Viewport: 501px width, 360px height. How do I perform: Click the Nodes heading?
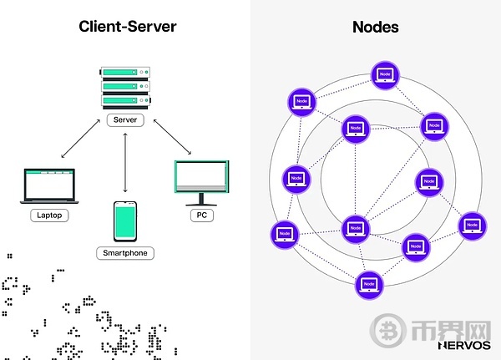coord(375,27)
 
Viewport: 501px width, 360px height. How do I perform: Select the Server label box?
coord(125,120)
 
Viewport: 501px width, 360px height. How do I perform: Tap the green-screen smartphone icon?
coord(125,221)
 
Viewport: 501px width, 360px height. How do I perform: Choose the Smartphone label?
coord(125,252)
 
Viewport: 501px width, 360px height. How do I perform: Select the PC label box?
coord(201,215)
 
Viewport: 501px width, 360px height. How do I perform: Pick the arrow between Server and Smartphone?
coord(125,163)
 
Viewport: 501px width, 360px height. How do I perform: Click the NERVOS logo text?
coord(463,343)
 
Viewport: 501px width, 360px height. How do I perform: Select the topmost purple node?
coord(384,74)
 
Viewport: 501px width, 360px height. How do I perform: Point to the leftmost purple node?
coord(284,235)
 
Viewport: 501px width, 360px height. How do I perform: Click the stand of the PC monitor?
coord(201,200)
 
